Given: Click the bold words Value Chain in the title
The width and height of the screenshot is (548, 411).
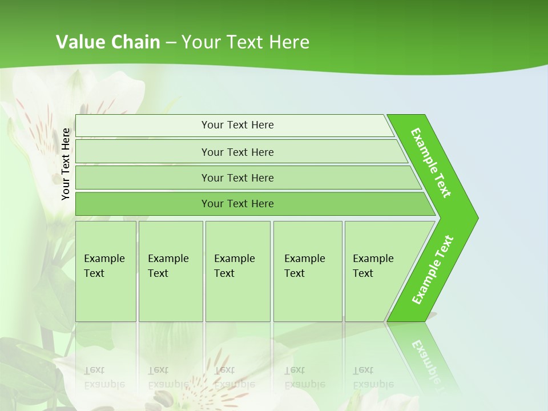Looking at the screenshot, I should (x=108, y=42).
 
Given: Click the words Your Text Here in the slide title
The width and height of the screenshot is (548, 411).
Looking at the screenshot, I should (x=245, y=42).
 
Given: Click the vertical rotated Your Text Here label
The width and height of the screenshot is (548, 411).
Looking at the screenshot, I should (x=66, y=164).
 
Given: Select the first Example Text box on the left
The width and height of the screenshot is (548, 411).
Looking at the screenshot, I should (x=106, y=271).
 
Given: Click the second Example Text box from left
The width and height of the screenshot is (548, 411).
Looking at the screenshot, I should (x=170, y=271).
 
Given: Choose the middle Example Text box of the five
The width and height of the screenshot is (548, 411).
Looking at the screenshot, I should (x=237, y=271).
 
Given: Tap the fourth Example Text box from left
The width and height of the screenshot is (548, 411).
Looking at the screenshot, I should (x=307, y=271).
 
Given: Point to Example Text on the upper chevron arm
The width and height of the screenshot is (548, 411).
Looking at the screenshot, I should (x=431, y=163).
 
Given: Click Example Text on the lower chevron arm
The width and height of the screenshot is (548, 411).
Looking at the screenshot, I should (x=432, y=270).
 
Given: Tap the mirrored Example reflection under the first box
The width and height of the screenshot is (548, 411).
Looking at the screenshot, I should (x=104, y=377).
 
